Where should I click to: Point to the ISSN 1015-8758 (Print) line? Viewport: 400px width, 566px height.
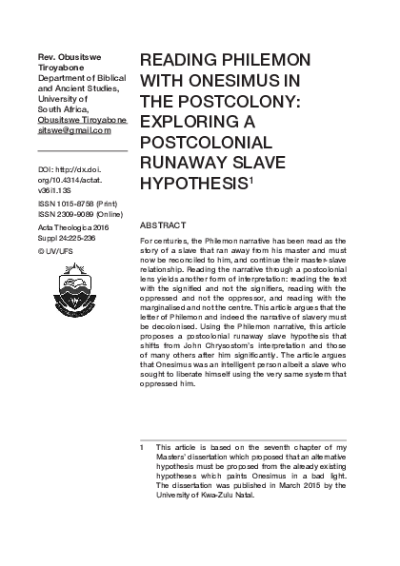[x=78, y=204]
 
